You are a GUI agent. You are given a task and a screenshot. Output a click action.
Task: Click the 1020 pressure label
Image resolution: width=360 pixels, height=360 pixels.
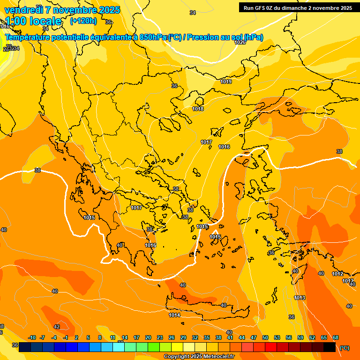point(240,42)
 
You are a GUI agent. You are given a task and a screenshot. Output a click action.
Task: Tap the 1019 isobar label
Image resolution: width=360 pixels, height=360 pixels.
point(226,82)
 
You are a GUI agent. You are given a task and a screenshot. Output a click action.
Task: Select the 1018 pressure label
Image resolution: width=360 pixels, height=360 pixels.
point(198,109)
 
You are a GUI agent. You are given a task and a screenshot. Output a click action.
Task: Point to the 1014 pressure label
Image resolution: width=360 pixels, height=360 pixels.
point(174,315)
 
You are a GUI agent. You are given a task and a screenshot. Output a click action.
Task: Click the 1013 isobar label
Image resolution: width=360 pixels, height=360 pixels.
point(300,298)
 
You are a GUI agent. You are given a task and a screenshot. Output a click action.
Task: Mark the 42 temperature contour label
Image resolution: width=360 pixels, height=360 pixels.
point(57,327)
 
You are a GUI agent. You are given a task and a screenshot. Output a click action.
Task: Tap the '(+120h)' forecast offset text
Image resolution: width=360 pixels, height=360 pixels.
point(83,21)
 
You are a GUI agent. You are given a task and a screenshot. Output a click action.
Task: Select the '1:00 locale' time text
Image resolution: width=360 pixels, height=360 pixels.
point(34,21)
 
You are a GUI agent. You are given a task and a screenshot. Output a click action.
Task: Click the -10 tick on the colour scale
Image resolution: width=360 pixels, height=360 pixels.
point(32,337)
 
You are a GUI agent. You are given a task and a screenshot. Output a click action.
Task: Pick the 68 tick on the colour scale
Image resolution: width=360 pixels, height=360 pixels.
point(336,337)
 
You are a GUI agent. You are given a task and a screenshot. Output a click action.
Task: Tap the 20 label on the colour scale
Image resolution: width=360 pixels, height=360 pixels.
point(148,337)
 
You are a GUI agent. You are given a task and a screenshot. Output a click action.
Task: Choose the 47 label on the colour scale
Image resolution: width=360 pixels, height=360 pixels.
point(254,337)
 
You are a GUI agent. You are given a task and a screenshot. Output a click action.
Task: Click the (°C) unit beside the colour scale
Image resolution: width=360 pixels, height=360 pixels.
point(345,348)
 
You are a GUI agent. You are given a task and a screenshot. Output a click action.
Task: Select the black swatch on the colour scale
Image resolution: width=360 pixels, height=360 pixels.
point(330,347)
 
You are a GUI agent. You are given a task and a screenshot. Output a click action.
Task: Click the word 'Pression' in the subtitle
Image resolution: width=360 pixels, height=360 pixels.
point(202,37)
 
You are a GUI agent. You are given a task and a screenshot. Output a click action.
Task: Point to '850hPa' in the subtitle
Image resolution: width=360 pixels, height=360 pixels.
point(153,37)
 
